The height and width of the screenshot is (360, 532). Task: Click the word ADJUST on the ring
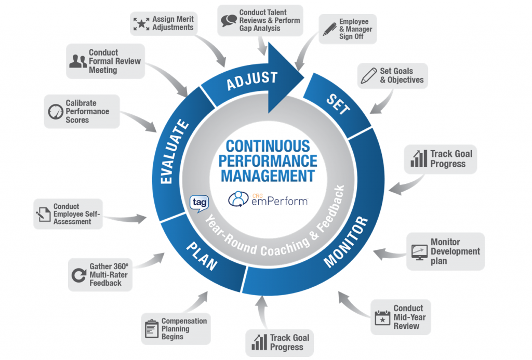point(252,79)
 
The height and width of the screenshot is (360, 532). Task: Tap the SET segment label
point(338,104)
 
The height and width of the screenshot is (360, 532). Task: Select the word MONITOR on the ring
point(346,242)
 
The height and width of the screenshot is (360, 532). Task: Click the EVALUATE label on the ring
point(174,152)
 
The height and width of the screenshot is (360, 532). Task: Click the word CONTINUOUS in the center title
point(268,146)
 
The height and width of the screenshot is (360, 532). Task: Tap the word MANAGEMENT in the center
point(268,175)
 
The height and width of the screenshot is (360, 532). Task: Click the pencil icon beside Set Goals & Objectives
point(368,76)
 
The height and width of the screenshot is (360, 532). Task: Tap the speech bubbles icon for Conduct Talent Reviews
point(229,20)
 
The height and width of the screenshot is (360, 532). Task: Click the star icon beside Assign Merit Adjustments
point(141,23)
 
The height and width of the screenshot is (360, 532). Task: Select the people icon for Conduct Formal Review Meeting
point(78,61)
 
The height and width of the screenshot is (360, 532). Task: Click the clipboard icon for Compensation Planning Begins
point(151,329)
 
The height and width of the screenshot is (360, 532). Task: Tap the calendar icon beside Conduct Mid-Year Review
point(382,317)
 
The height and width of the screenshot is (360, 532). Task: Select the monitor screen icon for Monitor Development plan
point(419,251)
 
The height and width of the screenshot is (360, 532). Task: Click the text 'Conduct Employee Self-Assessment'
point(72,214)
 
